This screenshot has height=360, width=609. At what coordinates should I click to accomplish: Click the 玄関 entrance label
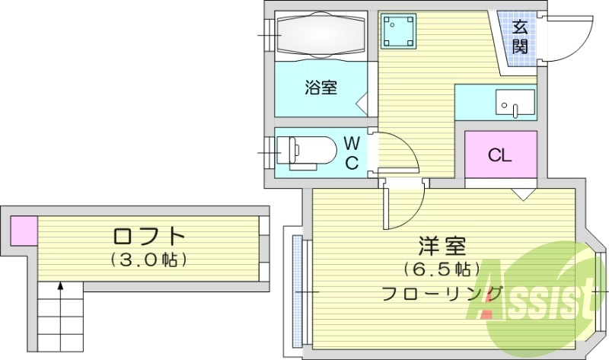[x=520, y=37]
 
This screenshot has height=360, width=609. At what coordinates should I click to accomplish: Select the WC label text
[x=352, y=152]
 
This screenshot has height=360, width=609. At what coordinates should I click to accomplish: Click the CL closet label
[x=499, y=156]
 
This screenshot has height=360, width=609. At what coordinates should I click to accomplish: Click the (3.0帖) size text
[x=149, y=260]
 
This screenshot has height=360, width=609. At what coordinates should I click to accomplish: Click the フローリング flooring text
[x=442, y=292]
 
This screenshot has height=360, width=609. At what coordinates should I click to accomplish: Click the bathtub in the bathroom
[x=321, y=33]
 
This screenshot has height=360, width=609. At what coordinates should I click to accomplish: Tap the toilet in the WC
[x=304, y=150]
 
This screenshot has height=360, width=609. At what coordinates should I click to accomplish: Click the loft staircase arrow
[x=60, y=289]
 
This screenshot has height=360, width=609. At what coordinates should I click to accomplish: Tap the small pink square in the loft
[x=24, y=231]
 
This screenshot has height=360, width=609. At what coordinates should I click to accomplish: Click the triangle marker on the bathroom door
[x=362, y=102]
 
